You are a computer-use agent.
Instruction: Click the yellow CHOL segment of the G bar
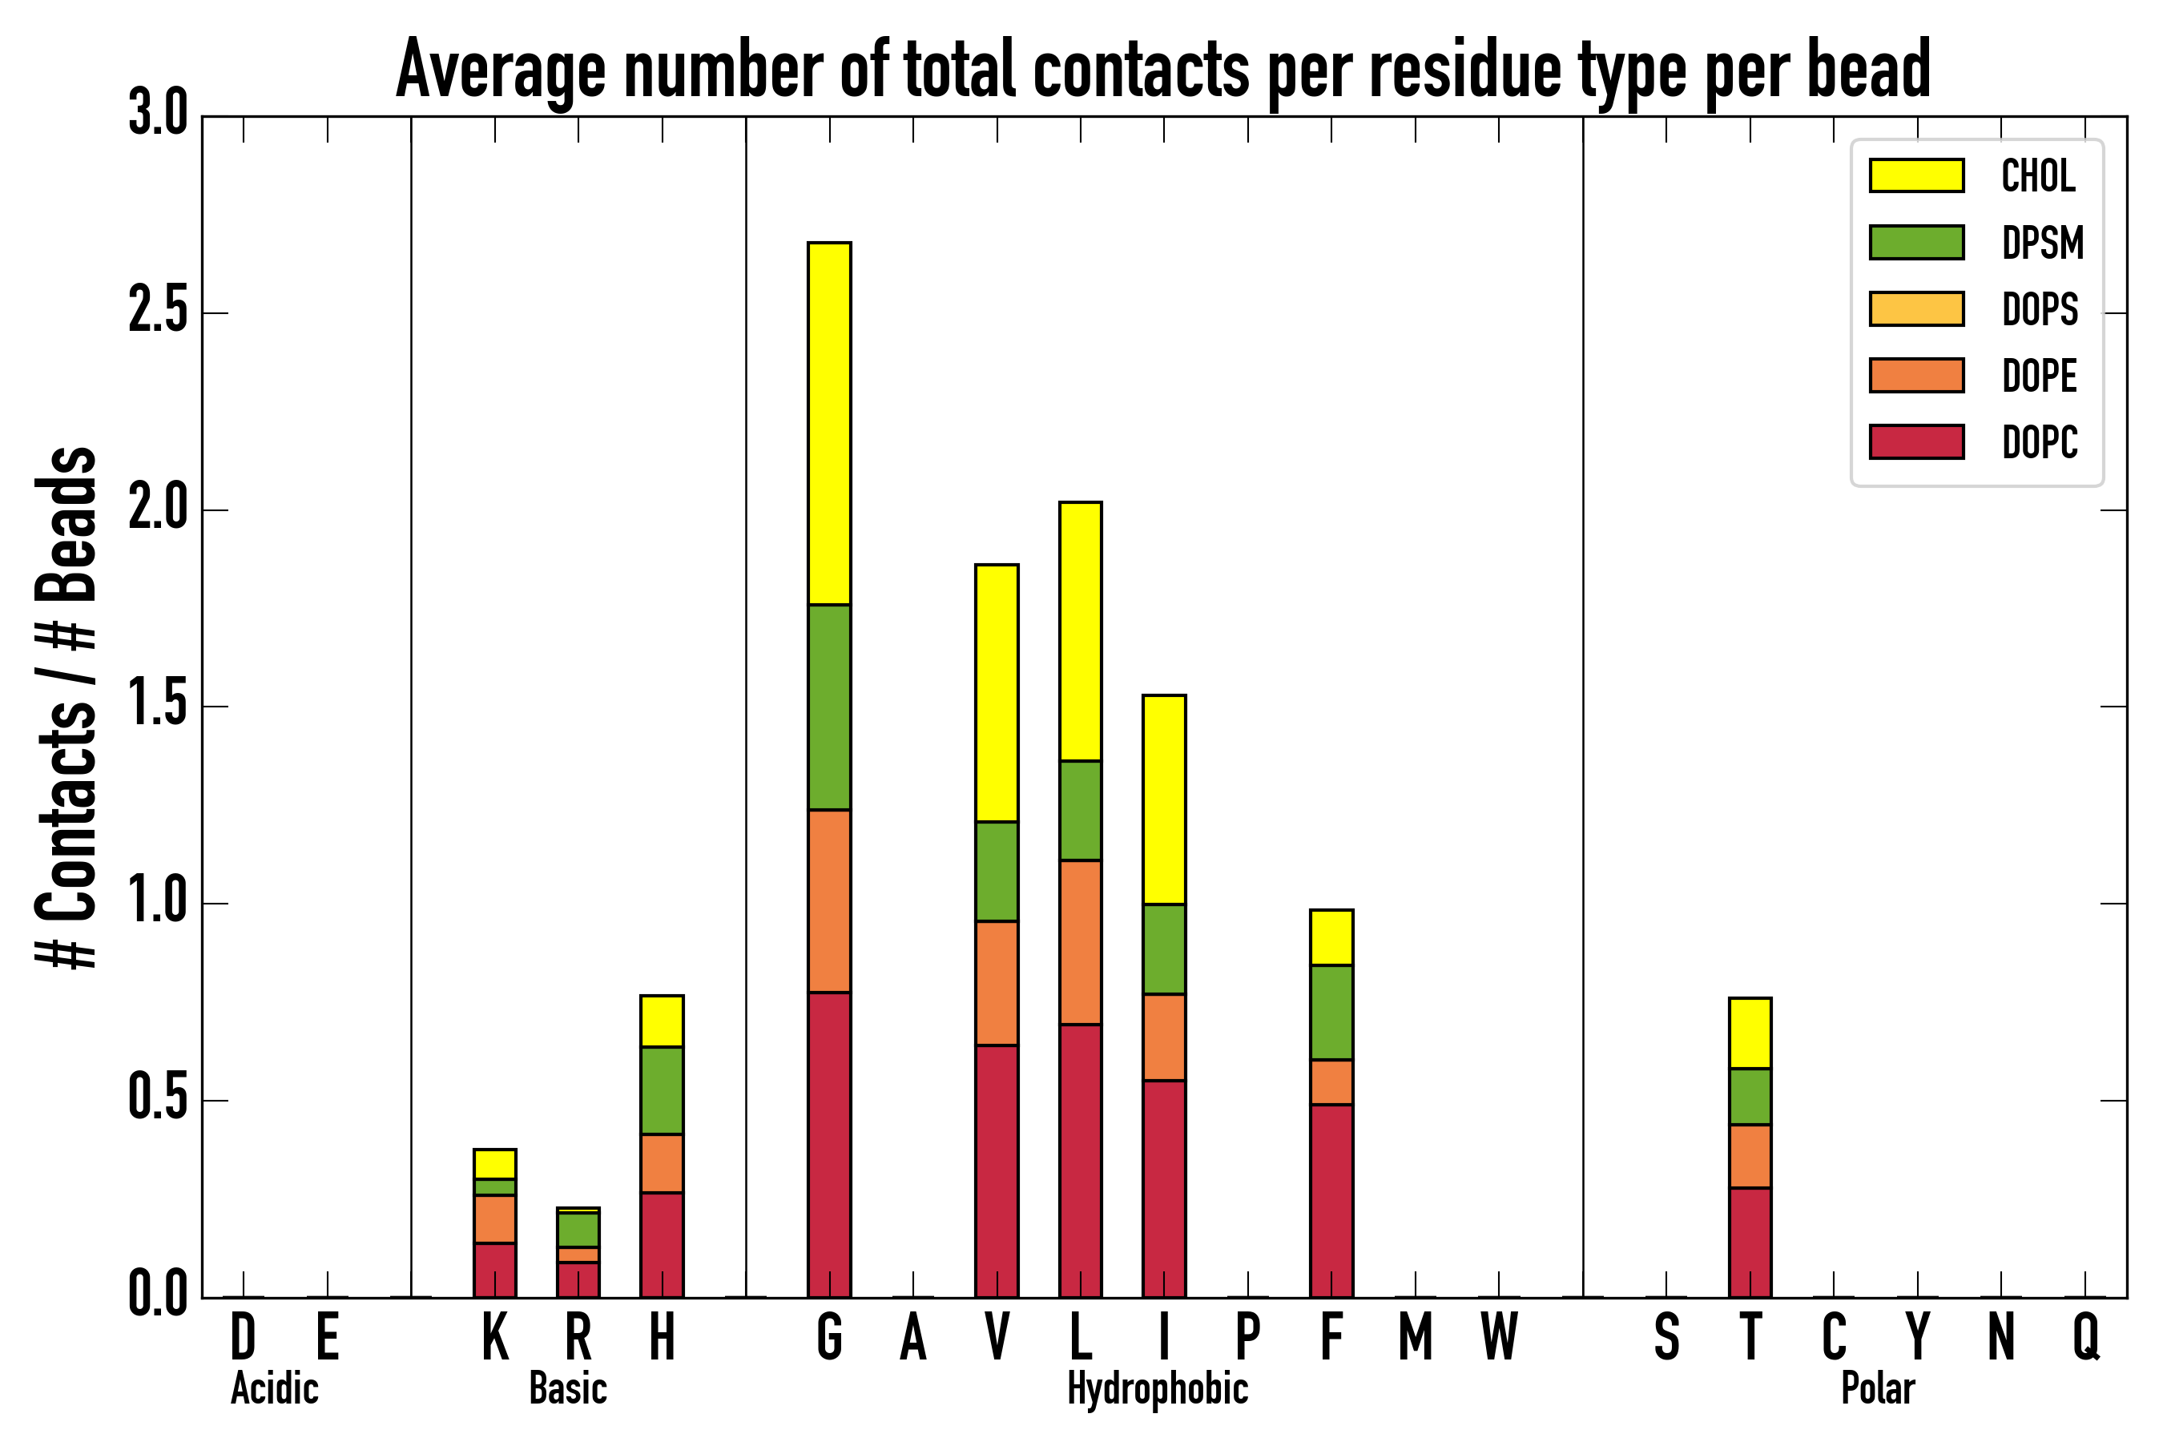[828, 423]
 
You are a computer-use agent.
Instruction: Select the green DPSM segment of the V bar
[996, 871]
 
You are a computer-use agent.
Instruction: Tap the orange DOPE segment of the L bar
[1080, 942]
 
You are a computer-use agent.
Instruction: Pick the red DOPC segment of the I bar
[1163, 1188]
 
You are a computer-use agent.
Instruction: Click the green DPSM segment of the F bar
[1331, 1012]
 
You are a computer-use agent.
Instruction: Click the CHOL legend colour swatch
[1915, 175]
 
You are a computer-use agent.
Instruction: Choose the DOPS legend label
[2040, 309]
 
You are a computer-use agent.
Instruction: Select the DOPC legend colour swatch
[1915, 441]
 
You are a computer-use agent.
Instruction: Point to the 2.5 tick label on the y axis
[157, 312]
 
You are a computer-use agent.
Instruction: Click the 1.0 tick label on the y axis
[157, 902]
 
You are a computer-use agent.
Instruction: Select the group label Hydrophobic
[1157, 1388]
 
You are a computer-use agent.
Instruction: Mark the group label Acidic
[274, 1388]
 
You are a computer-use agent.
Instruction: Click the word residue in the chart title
[1464, 70]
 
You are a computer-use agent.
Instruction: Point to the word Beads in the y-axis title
[66, 524]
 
